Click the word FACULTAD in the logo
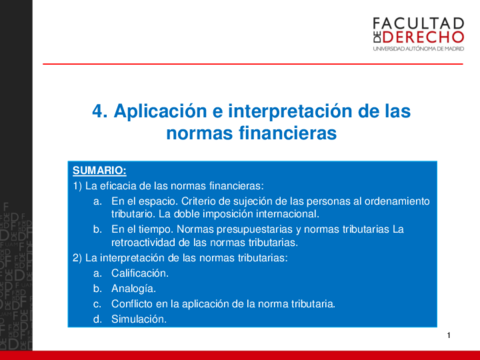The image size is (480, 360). point(418,24)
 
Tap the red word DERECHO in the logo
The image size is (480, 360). point(423,37)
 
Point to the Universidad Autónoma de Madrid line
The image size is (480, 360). point(418,49)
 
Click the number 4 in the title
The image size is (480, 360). point(99,111)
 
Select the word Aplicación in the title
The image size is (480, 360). point(160,112)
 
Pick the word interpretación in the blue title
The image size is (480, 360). point(290,112)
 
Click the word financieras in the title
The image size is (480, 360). point(288,133)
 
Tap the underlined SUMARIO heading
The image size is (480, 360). point(100,171)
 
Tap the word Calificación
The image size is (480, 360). point(140,273)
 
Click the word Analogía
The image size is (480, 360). point(134,289)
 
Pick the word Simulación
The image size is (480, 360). point(139,319)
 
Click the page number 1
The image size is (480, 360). point(449,335)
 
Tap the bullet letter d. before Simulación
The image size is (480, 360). point(97,319)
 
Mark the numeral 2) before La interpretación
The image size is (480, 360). point(77,258)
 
